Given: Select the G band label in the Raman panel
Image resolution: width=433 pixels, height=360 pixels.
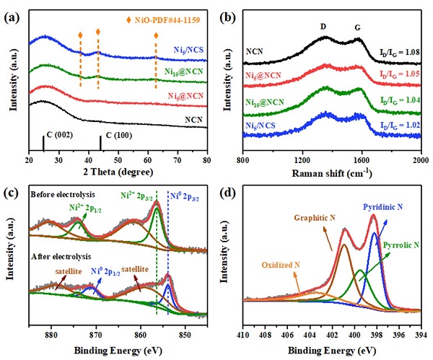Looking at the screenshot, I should click(x=357, y=27).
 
